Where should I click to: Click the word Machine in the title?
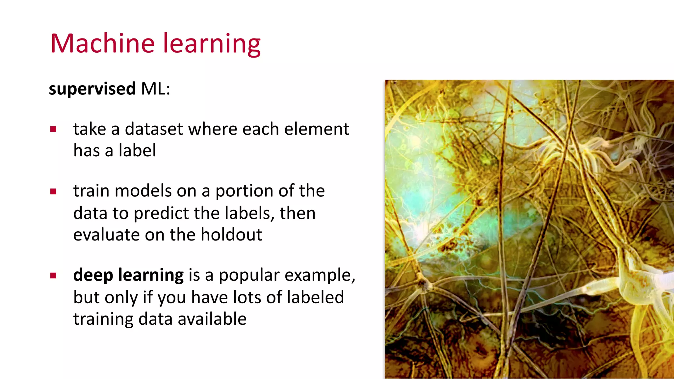click(102, 43)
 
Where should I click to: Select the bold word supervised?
click(92, 89)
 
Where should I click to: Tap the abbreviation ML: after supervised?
click(156, 89)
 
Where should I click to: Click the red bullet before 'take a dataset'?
click(53, 129)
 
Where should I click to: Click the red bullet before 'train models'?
click(53, 191)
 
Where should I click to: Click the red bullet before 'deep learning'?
click(53, 275)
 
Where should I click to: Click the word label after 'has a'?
click(137, 151)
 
